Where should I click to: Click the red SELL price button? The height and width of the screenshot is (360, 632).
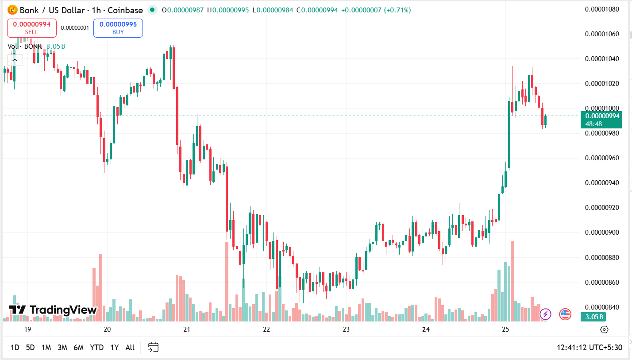point(31,28)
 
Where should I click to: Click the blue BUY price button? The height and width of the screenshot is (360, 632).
point(118,28)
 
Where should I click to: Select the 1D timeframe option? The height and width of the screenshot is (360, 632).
point(15,348)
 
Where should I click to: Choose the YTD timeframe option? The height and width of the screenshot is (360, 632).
point(96,348)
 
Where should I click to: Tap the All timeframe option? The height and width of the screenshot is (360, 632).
point(130,348)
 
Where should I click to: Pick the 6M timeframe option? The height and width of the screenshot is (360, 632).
point(78,348)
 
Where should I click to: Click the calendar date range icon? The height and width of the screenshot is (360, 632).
point(153,347)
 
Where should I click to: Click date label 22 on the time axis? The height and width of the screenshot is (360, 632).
point(266,329)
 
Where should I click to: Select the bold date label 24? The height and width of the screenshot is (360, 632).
point(426,329)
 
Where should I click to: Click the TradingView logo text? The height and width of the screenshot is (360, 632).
point(53,310)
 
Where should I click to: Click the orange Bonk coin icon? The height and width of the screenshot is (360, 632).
point(12,10)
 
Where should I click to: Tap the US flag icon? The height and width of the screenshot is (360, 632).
point(565,314)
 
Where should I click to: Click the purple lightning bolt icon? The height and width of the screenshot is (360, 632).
point(545,314)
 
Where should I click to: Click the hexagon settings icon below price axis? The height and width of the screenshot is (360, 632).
point(604,329)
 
